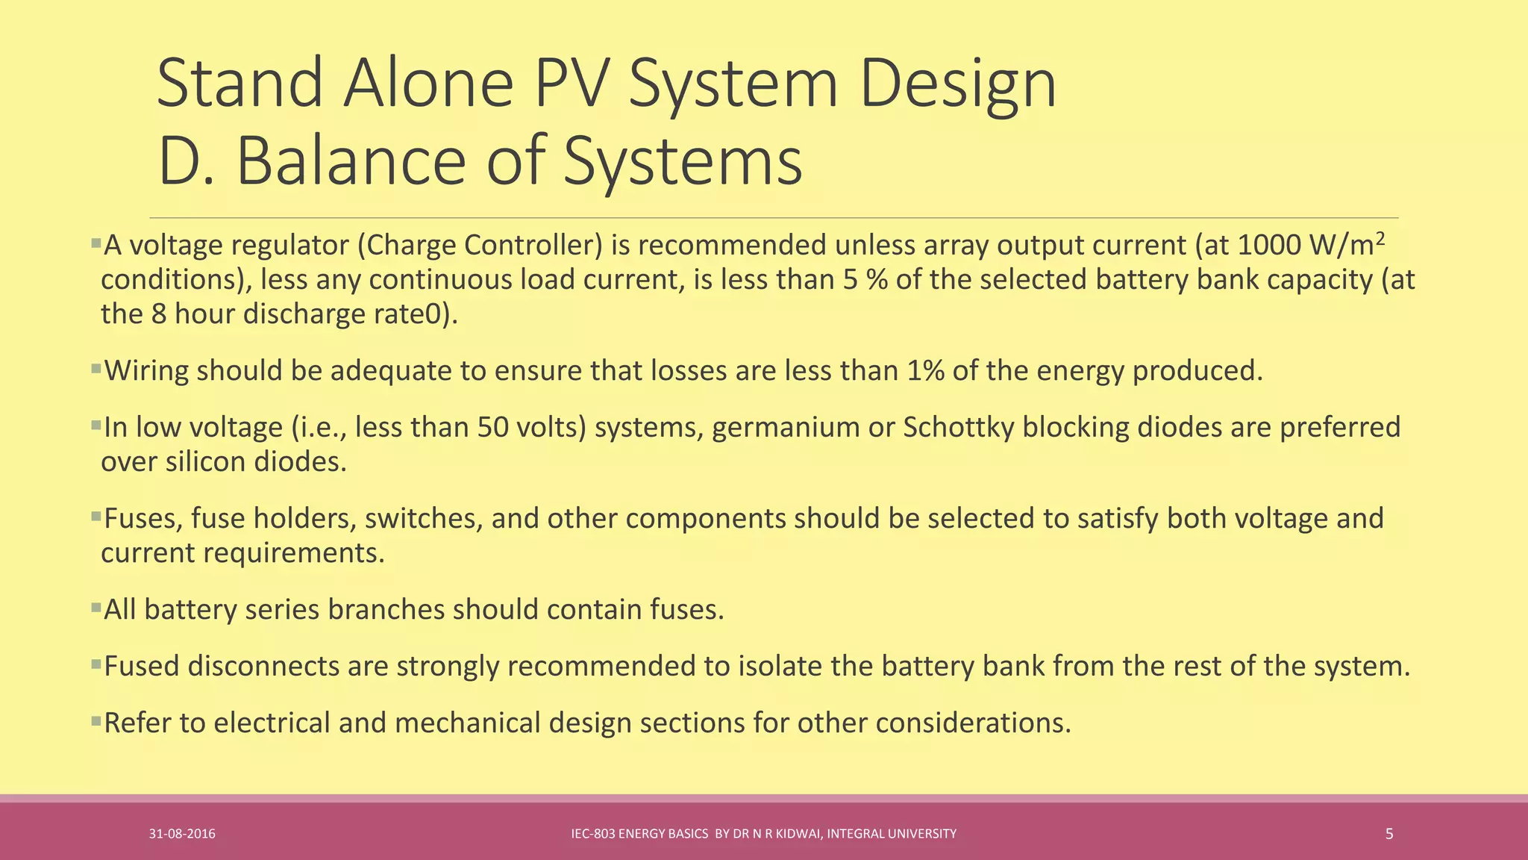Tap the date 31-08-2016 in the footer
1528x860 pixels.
[182, 834]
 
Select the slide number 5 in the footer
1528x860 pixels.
[1388, 834]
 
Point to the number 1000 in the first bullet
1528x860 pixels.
[1268, 246]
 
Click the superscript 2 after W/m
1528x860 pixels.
[1380, 238]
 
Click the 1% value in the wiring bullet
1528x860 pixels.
[926, 371]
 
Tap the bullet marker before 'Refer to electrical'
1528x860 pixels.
[95, 720]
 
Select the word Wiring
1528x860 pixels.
[146, 371]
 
